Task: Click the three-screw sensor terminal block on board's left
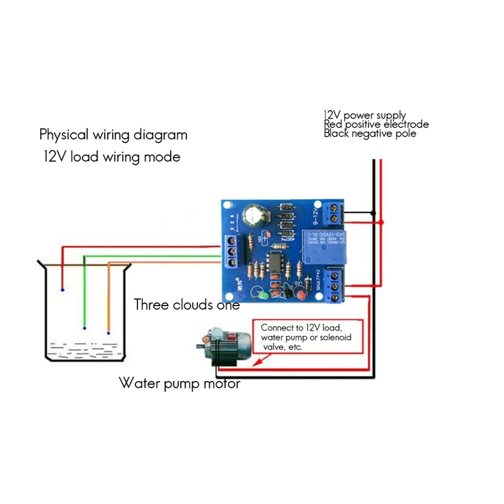point(232,251)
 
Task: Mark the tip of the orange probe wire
point(108,333)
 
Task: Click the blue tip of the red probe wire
point(62,290)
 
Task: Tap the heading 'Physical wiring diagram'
point(113,134)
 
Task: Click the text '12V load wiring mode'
point(112,157)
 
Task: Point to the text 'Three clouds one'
point(186,305)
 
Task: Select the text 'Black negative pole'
point(370,134)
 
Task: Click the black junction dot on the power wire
point(374,212)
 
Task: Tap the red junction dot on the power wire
point(382,222)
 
